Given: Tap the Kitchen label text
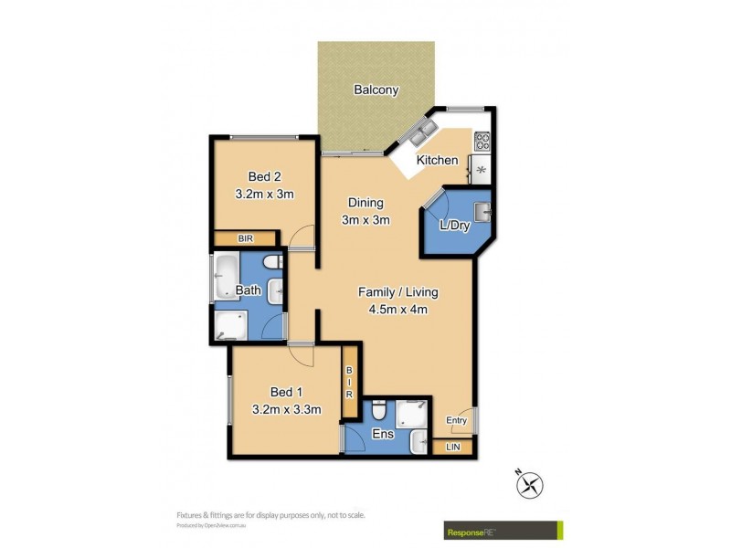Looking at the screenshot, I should click(437, 161).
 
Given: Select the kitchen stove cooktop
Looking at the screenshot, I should click(481, 142).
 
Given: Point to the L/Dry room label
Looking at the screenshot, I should click(454, 227).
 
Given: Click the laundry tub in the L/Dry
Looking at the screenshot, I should click(483, 213).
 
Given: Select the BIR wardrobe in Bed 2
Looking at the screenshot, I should click(245, 238).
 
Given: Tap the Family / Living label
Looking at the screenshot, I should click(397, 292).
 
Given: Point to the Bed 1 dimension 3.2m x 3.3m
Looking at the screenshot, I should click(286, 409).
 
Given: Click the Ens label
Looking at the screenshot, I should click(383, 435).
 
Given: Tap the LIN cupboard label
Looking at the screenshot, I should click(453, 447).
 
